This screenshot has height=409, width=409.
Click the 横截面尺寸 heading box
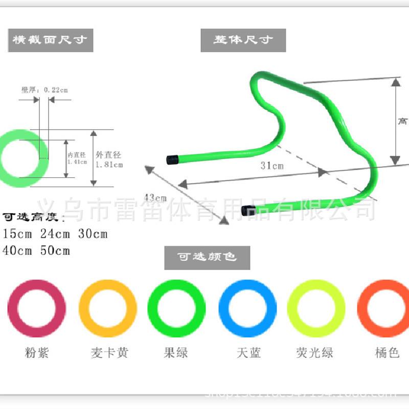(x=50, y=40)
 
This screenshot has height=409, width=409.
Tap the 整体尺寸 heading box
(x=243, y=40)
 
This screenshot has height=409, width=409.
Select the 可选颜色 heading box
(x=207, y=257)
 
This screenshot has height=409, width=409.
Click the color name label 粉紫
(x=36, y=353)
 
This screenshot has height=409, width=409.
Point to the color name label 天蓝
(x=248, y=353)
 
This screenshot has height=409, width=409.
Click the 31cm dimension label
(x=271, y=166)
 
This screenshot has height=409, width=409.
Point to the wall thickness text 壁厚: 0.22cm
(x=44, y=89)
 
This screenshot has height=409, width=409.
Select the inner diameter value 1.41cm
(x=77, y=162)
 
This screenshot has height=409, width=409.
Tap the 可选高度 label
(x=34, y=217)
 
